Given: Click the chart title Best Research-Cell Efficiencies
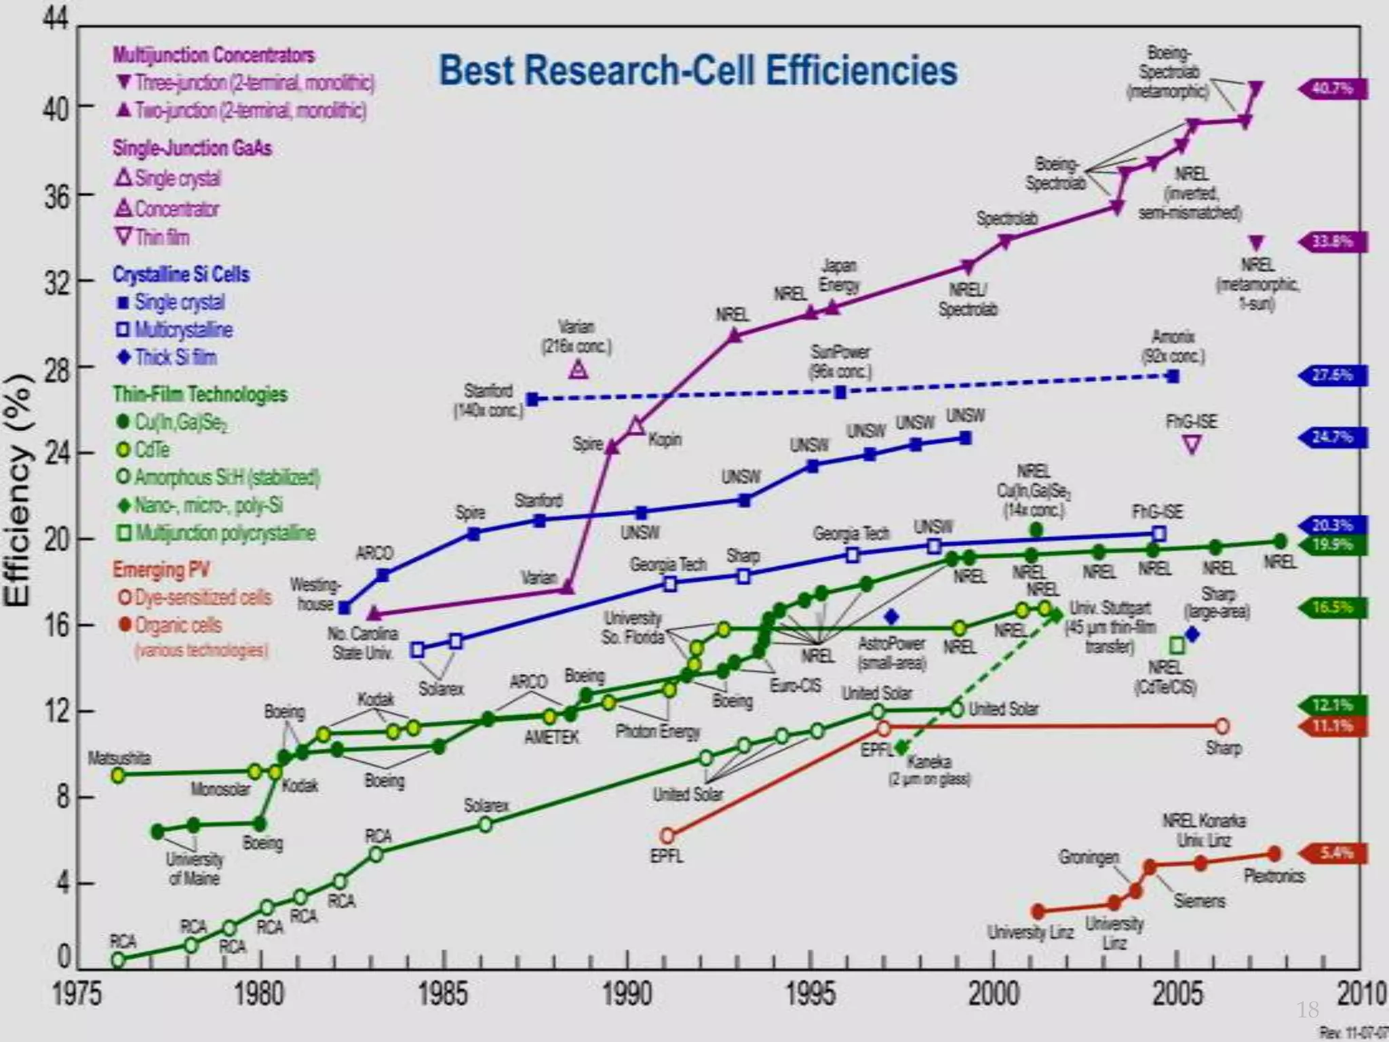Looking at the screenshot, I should [698, 71].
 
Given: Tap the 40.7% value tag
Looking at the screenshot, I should [1333, 89].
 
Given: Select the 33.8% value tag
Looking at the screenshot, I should [1333, 242].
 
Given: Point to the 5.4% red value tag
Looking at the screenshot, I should [1333, 853].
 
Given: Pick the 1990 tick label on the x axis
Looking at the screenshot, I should [627, 995].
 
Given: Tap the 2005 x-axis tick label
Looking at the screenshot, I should [1177, 995].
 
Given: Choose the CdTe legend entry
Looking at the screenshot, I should [151, 450].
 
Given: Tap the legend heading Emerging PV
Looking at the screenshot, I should [161, 569].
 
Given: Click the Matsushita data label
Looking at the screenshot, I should [119, 758].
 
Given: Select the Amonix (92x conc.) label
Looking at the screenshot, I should [1173, 346].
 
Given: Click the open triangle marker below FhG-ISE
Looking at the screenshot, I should [1192, 445].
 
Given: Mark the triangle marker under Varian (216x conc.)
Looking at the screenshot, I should [578, 370].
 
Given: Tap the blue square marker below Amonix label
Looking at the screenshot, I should [1173, 377].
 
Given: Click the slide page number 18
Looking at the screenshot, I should [1308, 1009].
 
